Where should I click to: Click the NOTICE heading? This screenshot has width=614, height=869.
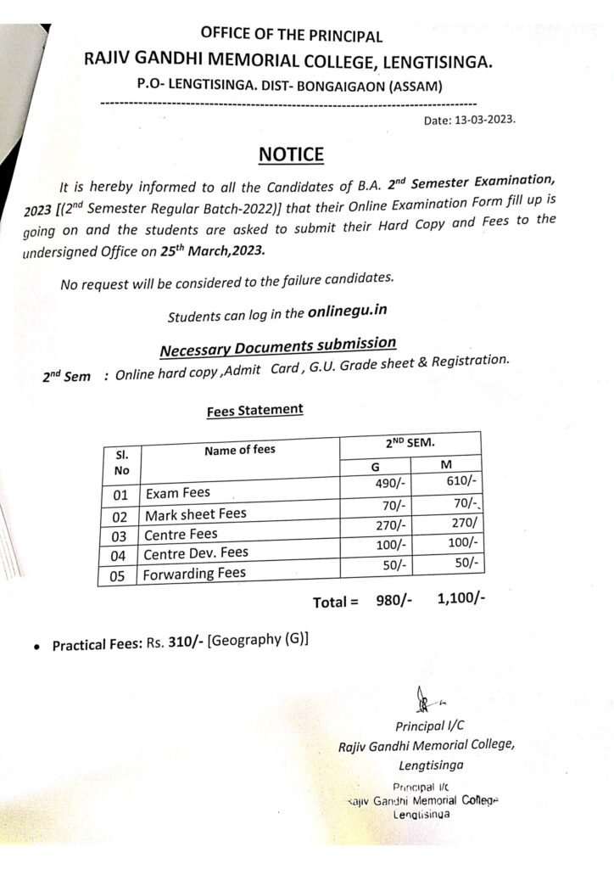tap(290, 154)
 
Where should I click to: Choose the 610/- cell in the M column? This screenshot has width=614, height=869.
tap(460, 480)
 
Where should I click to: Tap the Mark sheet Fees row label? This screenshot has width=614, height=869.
tap(195, 514)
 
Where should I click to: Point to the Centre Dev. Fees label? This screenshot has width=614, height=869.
tap(196, 553)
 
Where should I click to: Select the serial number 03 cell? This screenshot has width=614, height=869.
tap(120, 536)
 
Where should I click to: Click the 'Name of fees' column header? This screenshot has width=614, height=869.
tap(240, 450)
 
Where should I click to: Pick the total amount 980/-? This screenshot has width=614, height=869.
tap(388, 601)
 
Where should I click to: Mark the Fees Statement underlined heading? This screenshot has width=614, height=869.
tap(254, 410)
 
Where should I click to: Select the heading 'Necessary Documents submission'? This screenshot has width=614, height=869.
tap(277, 346)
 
